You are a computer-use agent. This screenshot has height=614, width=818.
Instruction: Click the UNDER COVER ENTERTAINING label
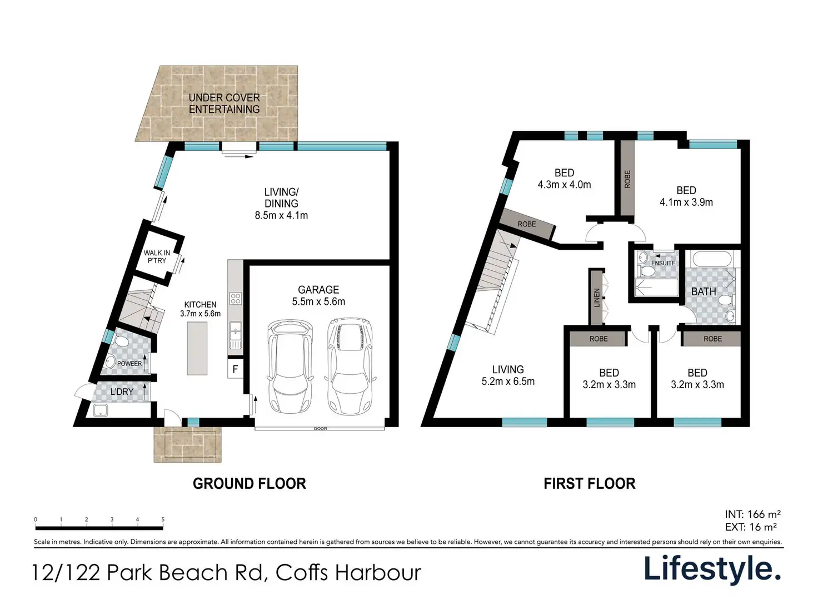224,103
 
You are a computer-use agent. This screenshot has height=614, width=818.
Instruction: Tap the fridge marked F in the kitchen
235,369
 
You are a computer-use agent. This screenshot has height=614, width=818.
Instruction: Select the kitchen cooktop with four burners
236,299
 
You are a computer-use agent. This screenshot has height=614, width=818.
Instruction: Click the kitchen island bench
197,348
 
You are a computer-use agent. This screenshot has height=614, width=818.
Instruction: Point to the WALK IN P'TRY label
157,256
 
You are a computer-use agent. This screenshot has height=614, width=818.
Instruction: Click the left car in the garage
290,366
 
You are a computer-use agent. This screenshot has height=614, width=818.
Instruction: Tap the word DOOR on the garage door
321,429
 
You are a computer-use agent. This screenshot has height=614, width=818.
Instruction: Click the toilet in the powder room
122,341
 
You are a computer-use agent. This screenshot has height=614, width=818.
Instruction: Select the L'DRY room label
122,392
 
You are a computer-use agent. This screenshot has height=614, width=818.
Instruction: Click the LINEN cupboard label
597,298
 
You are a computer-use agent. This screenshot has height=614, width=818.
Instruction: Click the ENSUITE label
663,263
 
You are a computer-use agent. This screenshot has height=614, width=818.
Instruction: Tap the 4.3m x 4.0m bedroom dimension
564,185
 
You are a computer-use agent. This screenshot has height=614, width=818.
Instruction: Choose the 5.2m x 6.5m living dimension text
508,382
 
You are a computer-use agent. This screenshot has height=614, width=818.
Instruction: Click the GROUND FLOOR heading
250,483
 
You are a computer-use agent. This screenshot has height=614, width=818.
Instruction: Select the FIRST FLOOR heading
590,483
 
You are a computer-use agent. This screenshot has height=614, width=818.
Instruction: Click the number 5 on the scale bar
163,519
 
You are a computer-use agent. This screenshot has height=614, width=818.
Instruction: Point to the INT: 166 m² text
752,514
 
